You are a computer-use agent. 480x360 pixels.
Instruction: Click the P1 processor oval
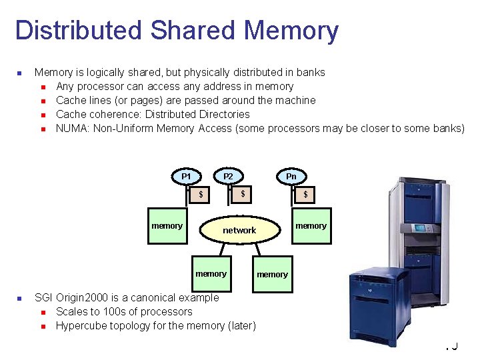[187, 176]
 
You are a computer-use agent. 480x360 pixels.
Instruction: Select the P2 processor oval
[228, 176]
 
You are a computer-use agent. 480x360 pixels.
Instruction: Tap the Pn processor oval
[291, 176]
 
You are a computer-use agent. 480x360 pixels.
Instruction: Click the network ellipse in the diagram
[239, 230]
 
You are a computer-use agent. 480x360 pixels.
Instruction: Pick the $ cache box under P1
[200, 194]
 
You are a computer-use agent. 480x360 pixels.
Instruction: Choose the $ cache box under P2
[243, 194]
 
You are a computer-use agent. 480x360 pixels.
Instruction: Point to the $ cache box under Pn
[305, 195]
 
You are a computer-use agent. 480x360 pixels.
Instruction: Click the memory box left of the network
[167, 225]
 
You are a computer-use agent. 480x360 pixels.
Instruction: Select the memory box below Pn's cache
[311, 225]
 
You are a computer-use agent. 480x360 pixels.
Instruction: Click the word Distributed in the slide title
[78, 31]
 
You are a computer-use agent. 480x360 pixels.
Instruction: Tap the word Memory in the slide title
[291, 31]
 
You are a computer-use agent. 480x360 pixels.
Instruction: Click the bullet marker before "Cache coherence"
[43, 115]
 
